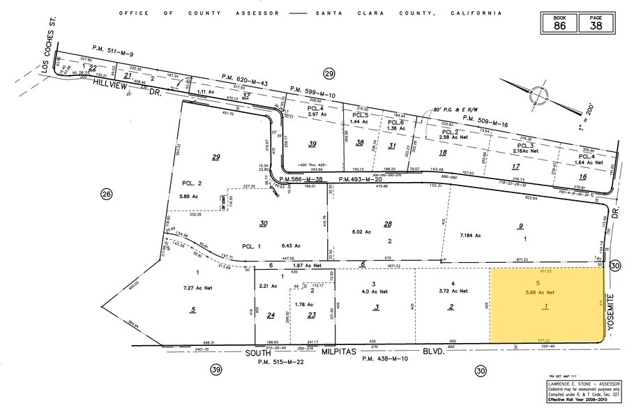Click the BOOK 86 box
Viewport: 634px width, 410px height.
560,23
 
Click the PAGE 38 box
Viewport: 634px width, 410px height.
594,23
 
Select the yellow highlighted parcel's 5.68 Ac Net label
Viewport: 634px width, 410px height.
541,291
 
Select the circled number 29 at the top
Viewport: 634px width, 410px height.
329,74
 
